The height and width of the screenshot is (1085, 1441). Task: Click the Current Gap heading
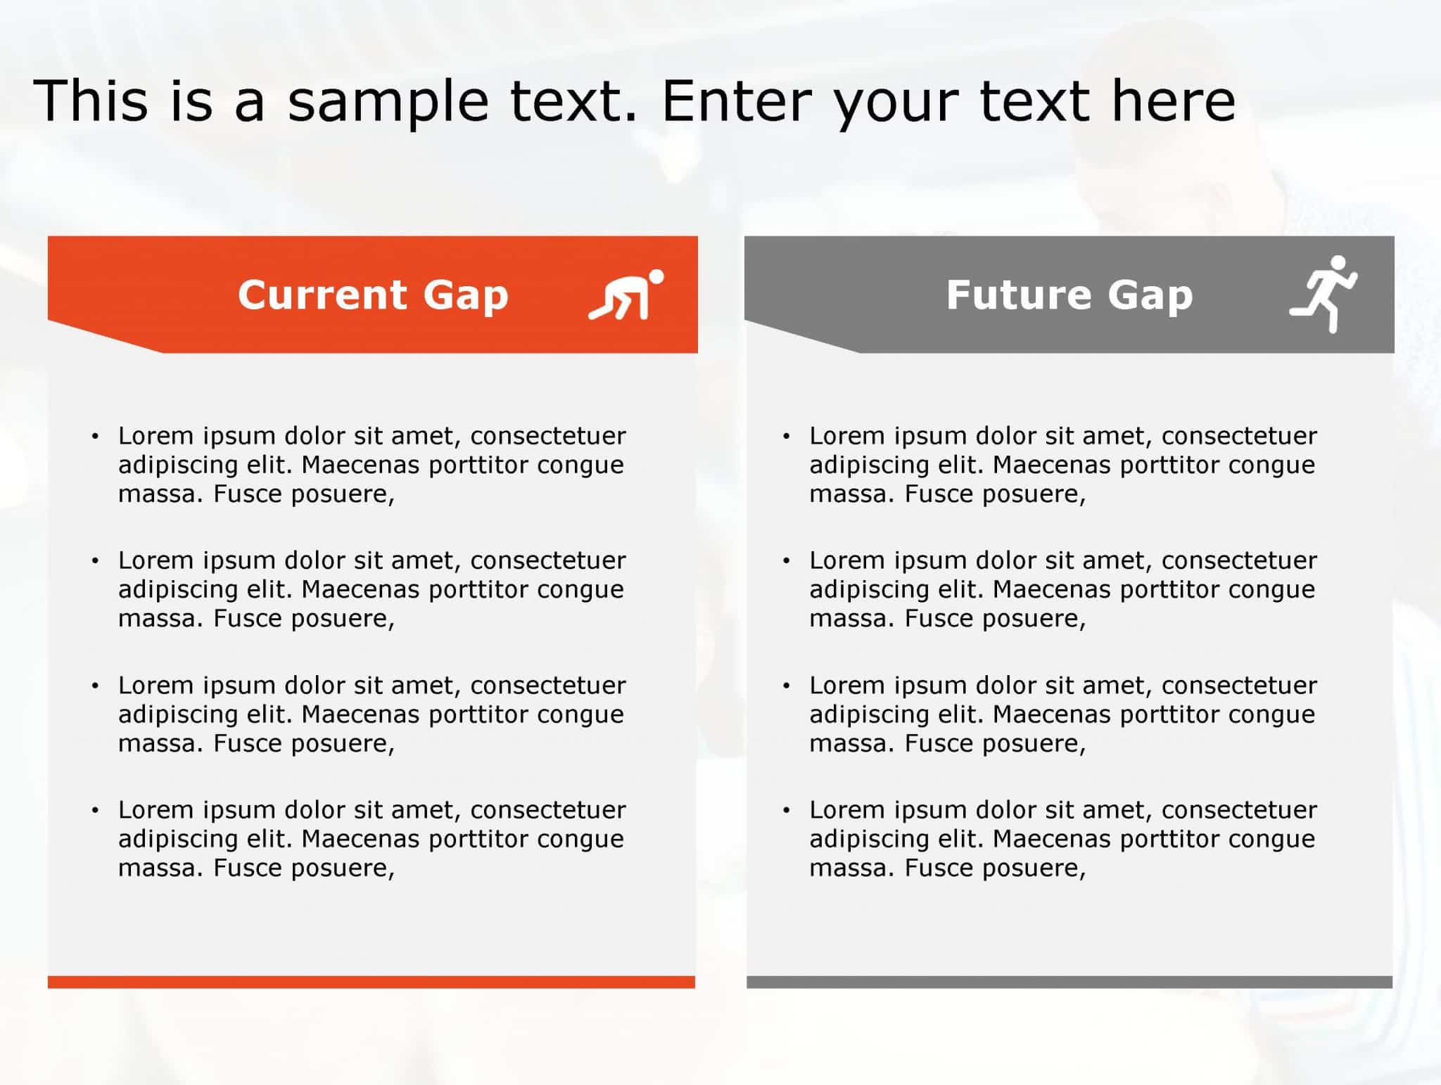point(373,295)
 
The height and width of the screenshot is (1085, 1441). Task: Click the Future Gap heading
point(1069,295)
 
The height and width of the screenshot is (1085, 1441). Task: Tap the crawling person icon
point(626,295)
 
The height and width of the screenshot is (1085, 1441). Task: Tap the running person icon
point(1323,294)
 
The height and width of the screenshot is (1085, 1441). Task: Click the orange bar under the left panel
point(372,982)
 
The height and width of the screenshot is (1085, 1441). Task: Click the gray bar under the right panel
point(1069,982)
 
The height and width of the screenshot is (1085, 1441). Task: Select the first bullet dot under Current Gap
point(95,437)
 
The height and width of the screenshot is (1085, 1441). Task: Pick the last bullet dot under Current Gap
point(95,811)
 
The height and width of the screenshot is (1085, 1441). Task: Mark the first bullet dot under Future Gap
point(787,437)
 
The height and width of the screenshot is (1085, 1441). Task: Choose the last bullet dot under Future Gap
point(787,811)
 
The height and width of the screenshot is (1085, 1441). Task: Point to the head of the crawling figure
point(656,277)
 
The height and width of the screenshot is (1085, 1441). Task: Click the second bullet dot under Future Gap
point(787,561)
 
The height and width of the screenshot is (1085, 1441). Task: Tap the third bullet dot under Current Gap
point(95,686)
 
